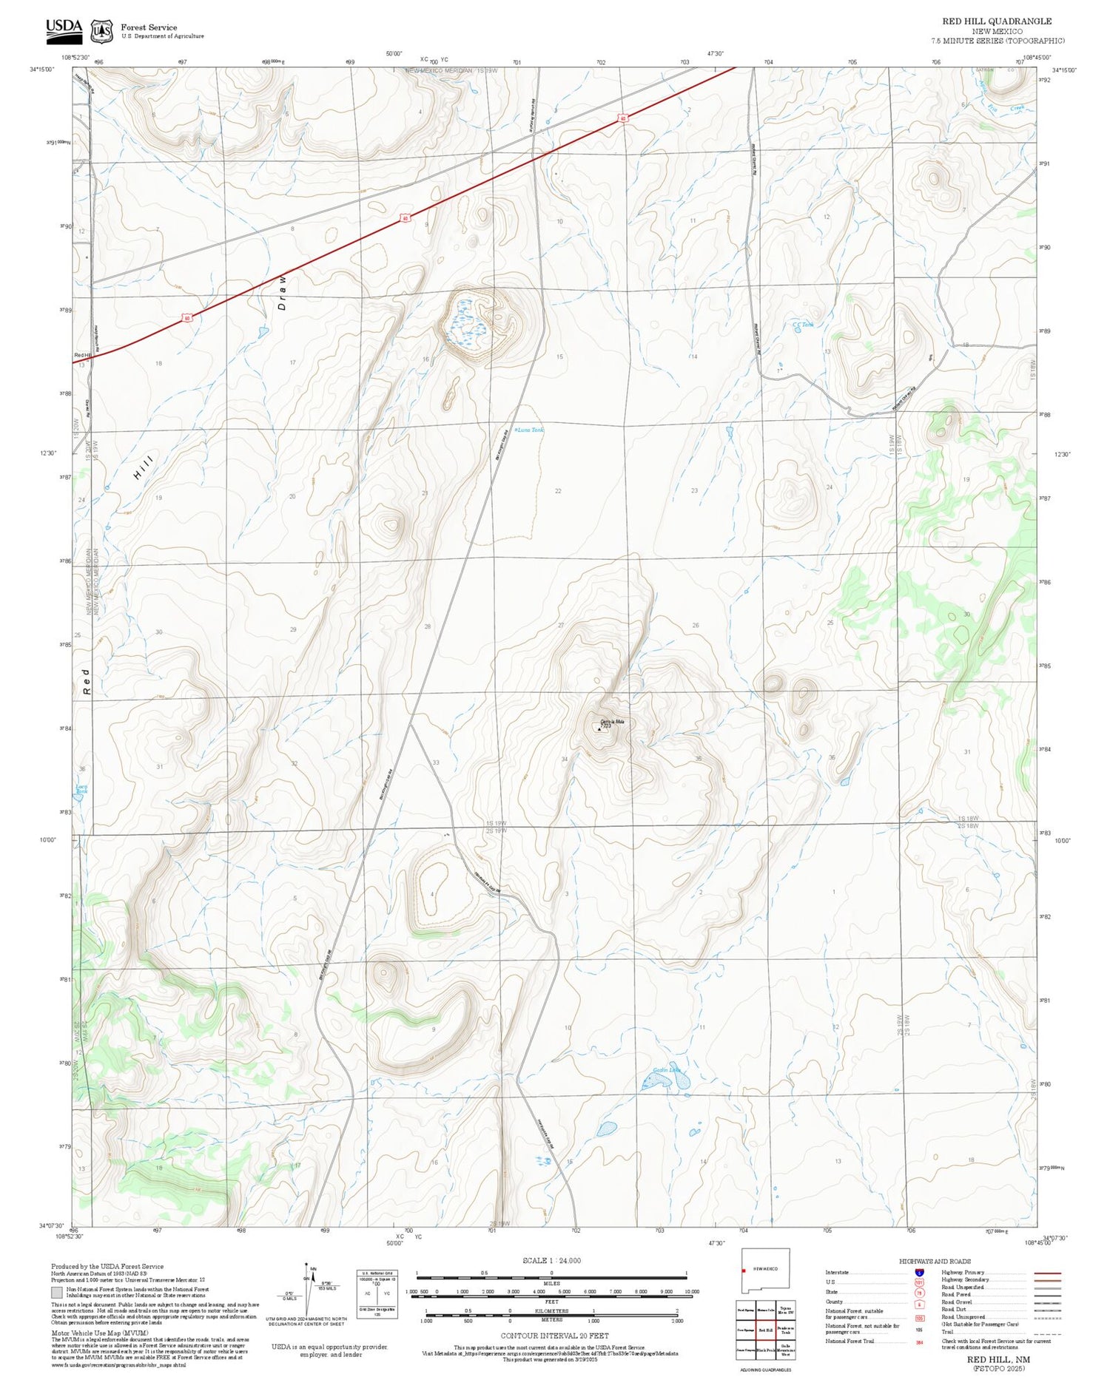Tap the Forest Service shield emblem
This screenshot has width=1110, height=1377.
101,30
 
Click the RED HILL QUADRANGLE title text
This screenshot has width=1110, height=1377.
996,21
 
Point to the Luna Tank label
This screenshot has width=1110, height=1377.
531,430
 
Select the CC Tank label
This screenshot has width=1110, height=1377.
803,325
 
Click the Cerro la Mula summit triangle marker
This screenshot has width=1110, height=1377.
599,728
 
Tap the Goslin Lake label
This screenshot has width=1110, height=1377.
665,1070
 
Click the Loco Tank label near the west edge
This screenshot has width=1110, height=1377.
81,789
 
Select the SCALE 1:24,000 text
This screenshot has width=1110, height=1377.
551,1260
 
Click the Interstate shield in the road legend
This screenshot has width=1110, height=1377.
919,1273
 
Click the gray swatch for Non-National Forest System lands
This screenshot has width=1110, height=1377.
57,1293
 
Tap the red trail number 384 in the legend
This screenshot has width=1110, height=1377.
919,1342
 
